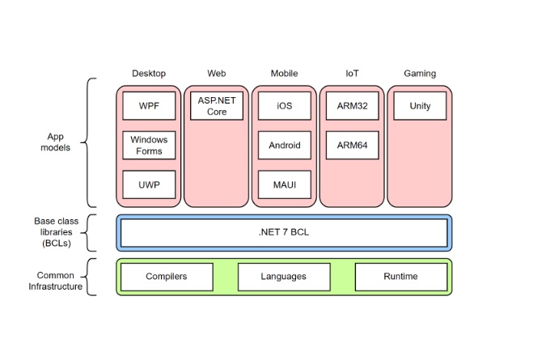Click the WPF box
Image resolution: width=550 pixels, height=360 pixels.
(149, 106)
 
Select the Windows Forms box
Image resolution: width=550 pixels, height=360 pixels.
(149, 146)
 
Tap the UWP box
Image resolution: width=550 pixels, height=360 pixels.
(149, 184)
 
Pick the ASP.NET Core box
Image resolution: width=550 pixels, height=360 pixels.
(217, 106)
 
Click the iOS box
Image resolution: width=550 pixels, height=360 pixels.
(284, 106)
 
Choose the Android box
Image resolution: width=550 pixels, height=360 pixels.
(284, 146)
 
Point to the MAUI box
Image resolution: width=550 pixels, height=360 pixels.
(284, 184)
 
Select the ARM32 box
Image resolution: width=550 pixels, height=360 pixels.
(352, 106)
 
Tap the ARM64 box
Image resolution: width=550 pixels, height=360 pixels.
(352, 146)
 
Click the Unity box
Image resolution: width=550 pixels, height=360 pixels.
(420, 106)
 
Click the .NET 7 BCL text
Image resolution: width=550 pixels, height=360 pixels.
(284, 232)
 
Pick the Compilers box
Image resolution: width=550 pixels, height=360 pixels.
(167, 277)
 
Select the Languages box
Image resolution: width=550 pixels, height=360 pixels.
(284, 277)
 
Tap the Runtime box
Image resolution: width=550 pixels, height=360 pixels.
(400, 277)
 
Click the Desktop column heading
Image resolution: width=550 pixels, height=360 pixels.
(149, 74)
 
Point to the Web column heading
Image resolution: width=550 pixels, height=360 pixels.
(217, 74)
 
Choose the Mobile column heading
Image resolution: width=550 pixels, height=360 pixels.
(284, 74)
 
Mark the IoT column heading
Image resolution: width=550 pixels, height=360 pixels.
(352, 74)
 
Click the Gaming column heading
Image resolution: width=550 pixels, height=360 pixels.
(420, 74)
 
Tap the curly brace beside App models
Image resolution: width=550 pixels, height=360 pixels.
(90, 143)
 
